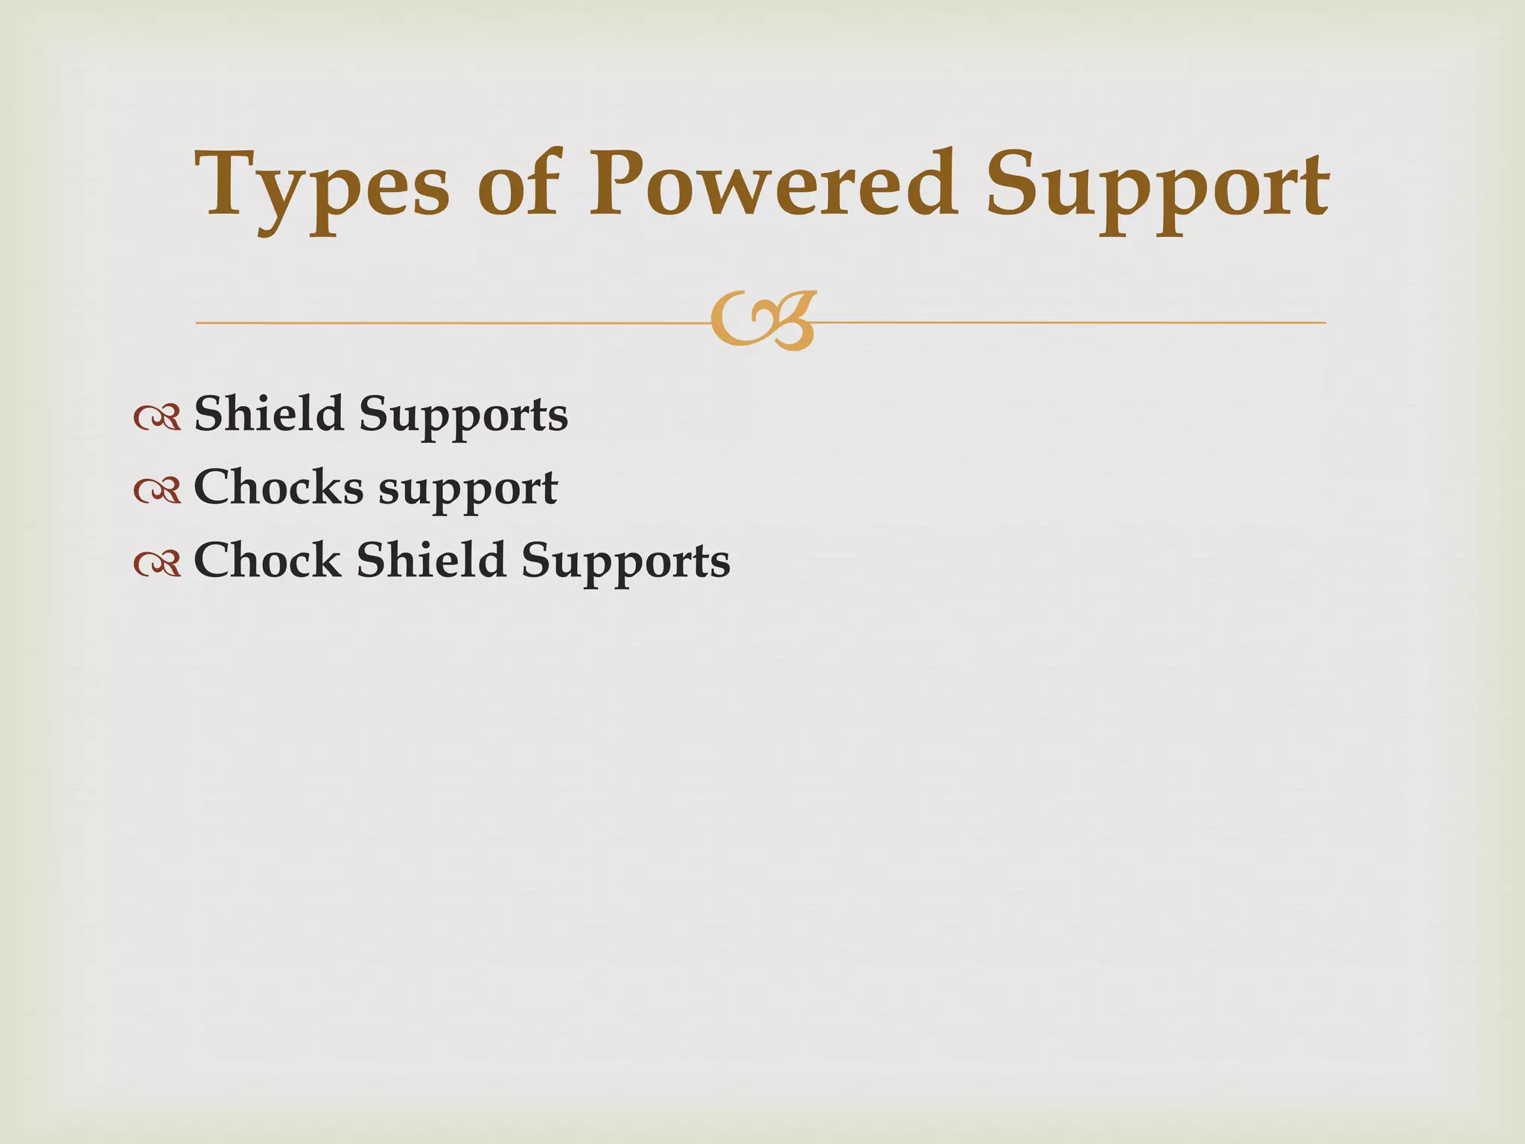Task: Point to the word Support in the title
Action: (1157, 186)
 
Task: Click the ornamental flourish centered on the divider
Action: (763, 321)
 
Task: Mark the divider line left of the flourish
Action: (447, 323)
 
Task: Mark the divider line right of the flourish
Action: (1072, 322)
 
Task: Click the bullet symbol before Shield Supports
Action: (158, 417)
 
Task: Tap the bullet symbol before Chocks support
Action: (158, 490)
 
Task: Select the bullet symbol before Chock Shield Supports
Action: (158, 563)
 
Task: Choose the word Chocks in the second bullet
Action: (278, 488)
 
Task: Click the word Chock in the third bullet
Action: (267, 560)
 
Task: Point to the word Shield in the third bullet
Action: (431, 560)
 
